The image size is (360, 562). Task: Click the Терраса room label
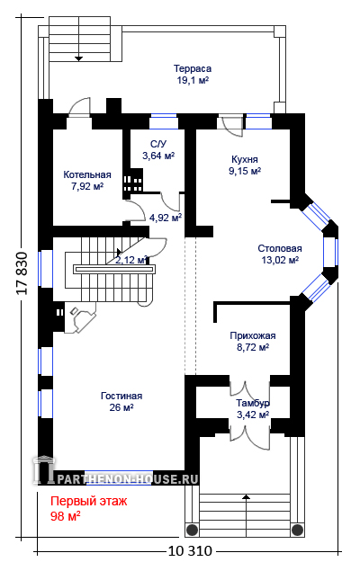click(x=193, y=68)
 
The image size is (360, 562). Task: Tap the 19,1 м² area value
click(x=193, y=80)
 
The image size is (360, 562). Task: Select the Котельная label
click(x=87, y=174)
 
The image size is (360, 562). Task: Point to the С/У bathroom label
click(x=158, y=144)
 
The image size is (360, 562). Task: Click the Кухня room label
click(x=245, y=159)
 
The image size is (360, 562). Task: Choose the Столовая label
click(x=280, y=248)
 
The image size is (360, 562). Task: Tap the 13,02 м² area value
click(x=280, y=260)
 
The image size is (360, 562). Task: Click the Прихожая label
click(x=253, y=335)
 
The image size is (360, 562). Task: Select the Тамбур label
click(x=253, y=403)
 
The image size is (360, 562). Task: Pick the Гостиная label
click(x=121, y=396)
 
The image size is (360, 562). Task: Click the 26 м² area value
click(x=121, y=407)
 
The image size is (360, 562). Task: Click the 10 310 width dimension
click(x=190, y=550)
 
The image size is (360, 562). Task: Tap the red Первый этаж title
click(x=88, y=501)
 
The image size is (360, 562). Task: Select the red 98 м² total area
click(x=66, y=516)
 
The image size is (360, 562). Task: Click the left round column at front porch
click(x=193, y=530)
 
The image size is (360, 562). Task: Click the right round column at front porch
click(x=297, y=530)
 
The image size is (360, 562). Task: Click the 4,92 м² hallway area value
click(x=166, y=218)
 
